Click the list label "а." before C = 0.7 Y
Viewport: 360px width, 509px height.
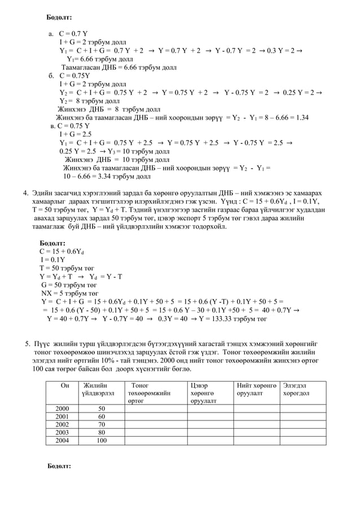coord(50,34)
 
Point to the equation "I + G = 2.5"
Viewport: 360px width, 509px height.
coord(75,134)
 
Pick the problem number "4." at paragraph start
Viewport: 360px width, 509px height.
coord(26,194)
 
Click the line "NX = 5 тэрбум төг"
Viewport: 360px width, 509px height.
coord(69,293)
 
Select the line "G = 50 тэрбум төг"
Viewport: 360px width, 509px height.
coord(69,285)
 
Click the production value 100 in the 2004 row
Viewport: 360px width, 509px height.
coord(102,441)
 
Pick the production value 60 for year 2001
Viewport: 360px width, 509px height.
coord(102,416)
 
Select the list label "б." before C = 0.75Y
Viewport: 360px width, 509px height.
coord(51,76)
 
